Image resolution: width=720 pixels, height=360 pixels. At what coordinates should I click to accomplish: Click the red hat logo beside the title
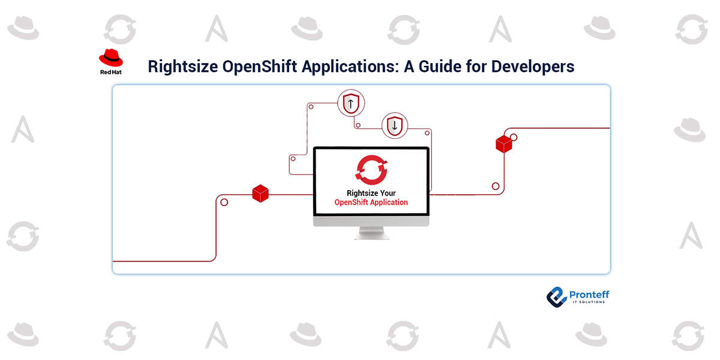[111, 58]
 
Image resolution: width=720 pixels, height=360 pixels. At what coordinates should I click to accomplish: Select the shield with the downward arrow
[394, 125]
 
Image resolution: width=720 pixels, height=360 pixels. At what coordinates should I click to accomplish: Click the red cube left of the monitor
[260, 193]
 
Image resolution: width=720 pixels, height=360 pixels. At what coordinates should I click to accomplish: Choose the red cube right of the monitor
[503, 144]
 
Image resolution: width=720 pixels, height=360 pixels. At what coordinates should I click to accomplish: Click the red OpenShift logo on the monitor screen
[371, 170]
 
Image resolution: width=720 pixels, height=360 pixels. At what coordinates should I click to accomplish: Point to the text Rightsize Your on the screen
[371, 193]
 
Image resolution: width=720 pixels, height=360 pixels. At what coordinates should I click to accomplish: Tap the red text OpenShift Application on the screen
[371, 203]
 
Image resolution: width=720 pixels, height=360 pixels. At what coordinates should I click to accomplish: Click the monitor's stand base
[371, 236]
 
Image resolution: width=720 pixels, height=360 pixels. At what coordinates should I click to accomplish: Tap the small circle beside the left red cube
[224, 202]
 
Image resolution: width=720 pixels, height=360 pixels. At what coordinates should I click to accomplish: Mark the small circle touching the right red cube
[514, 137]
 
